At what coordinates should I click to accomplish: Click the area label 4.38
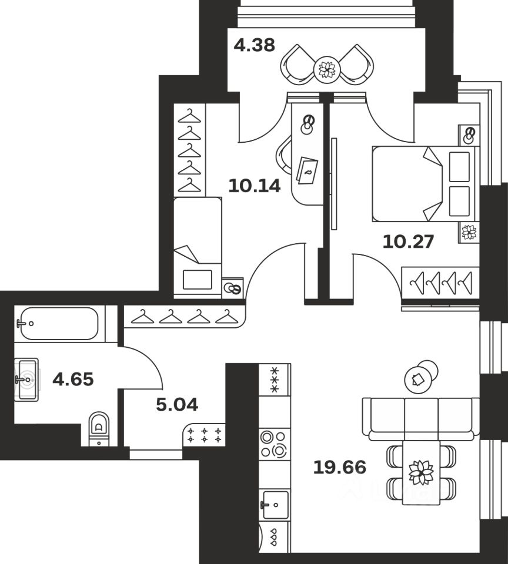[254, 45]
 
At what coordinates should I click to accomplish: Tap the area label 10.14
[254, 186]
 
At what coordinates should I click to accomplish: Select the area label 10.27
[408, 241]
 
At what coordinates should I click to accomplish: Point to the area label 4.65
[73, 379]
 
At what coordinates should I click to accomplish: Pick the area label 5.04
[177, 405]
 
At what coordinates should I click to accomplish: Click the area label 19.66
[340, 467]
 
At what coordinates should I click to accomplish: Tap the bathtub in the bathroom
[59, 323]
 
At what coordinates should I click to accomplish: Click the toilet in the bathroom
[99, 429]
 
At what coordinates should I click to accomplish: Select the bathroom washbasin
[26, 380]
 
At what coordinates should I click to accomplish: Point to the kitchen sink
[275, 505]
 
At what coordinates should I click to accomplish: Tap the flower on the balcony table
[327, 69]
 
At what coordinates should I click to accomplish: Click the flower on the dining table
[421, 472]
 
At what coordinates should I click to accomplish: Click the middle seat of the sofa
[421, 419]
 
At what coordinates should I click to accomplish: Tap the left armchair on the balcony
[297, 65]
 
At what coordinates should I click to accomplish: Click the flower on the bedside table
[469, 232]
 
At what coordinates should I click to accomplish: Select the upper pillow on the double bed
[459, 166]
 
